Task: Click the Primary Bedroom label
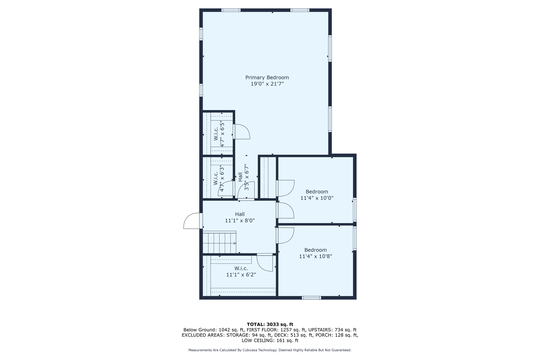click(267, 77)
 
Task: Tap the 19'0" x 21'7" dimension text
click(267, 84)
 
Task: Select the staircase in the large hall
click(219, 242)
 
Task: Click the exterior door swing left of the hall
click(192, 221)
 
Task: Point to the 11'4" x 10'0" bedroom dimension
click(317, 198)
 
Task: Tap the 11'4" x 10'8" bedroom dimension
click(316, 256)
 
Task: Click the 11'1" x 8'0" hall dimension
click(240, 221)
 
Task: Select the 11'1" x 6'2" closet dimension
click(241, 275)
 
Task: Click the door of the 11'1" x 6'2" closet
click(265, 262)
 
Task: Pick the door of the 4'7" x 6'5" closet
click(241, 132)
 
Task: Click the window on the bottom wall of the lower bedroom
click(311, 298)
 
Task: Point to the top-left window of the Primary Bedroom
click(231, 10)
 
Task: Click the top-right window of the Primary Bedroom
click(300, 10)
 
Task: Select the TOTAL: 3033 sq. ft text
click(270, 324)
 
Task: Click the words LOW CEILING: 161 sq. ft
click(270, 340)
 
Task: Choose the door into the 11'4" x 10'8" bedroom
click(285, 235)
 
